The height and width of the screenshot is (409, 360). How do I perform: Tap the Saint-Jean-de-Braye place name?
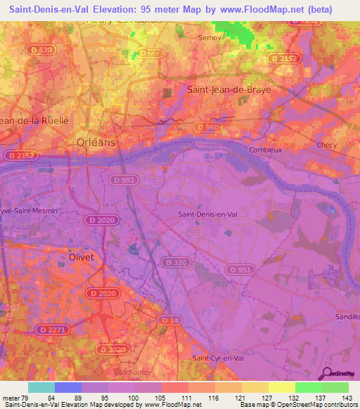click(x=229, y=90)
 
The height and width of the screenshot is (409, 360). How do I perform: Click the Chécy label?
click(x=328, y=145)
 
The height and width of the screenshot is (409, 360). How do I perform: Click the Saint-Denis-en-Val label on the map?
click(x=207, y=214)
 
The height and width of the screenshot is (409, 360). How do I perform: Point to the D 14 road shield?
click(x=167, y=320)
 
